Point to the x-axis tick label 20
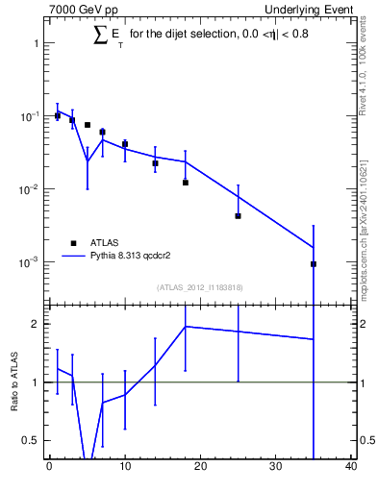(x=200, y=468)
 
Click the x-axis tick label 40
(x=351, y=468)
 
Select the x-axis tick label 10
(x=125, y=468)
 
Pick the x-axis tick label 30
(x=276, y=468)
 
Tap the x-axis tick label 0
(x=49, y=468)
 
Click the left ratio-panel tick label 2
(x=36, y=324)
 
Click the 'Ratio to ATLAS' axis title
(x=15, y=382)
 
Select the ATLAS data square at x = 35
(x=314, y=263)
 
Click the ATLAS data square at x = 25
(x=238, y=216)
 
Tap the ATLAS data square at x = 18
(x=185, y=183)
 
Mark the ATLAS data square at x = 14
(x=155, y=163)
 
